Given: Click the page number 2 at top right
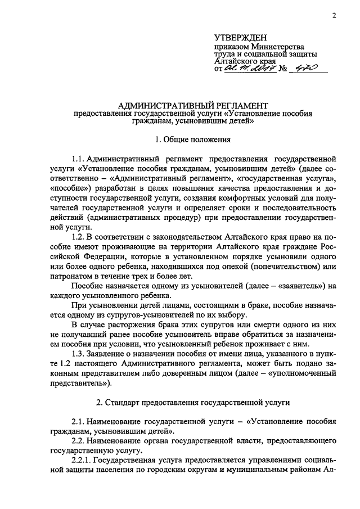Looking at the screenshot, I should (x=334, y=15).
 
